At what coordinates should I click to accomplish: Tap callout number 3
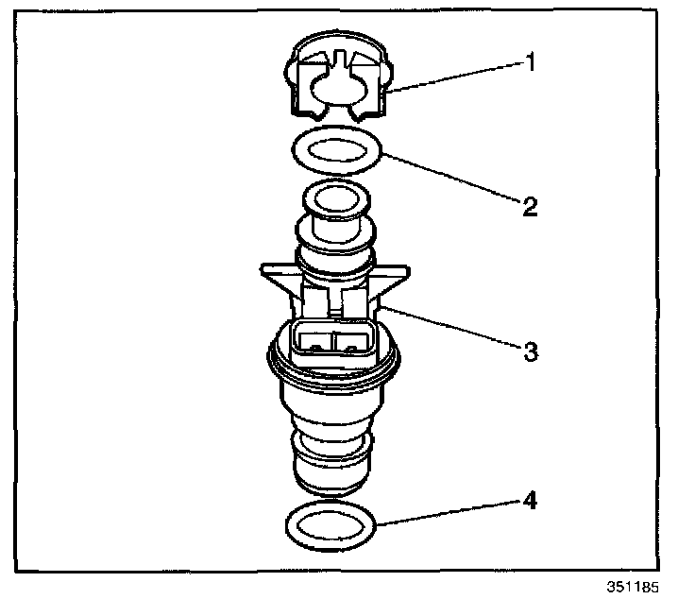[x=530, y=351]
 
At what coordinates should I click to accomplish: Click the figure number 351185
[x=636, y=586]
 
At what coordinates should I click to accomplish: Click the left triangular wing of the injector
[x=276, y=277]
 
